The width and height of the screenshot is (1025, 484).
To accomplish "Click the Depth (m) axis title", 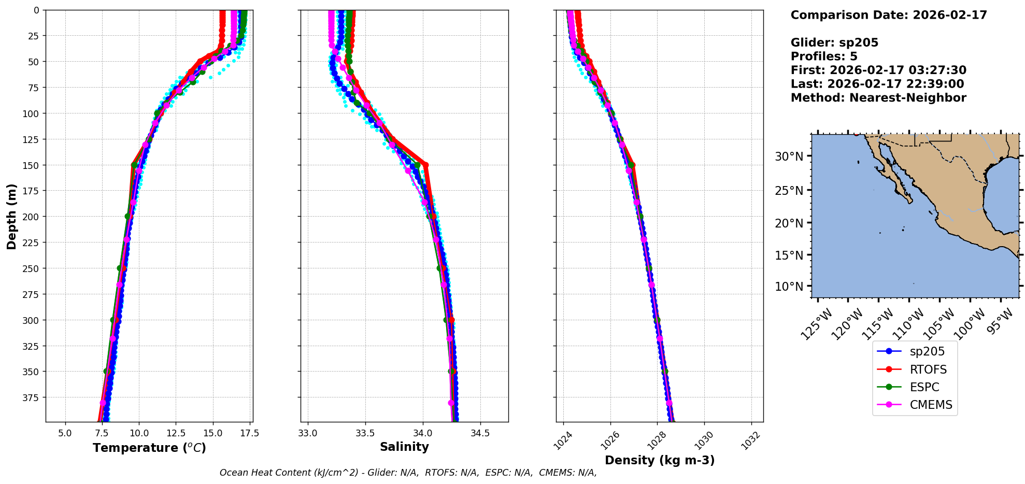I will click(x=11, y=217).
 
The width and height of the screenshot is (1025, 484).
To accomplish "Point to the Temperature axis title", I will click(x=149, y=448).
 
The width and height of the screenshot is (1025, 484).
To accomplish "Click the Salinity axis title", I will click(x=404, y=447).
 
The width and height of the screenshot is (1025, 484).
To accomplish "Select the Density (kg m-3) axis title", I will click(x=660, y=460).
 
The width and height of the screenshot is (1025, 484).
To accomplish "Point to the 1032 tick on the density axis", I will click(x=750, y=441).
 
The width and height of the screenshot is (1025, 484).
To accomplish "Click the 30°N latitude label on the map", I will click(x=789, y=156).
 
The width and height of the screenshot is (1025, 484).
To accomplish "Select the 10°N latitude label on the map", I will click(x=789, y=287).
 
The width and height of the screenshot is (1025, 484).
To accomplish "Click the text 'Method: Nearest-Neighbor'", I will click(x=878, y=98).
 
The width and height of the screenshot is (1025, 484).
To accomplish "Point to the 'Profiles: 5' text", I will click(x=824, y=56).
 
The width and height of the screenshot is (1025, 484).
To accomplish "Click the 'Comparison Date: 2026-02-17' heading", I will click(x=889, y=15).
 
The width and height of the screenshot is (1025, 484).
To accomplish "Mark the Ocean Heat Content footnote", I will click(x=408, y=473).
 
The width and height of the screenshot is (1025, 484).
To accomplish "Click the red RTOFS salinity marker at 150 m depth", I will click(x=425, y=165).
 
